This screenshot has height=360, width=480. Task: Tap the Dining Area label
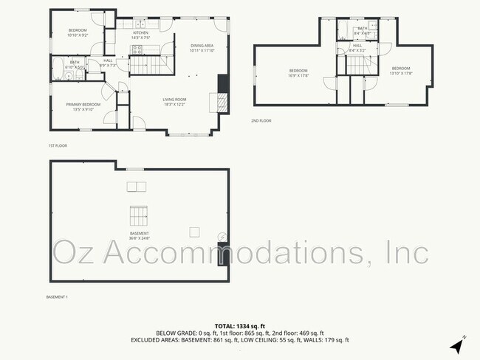coord(201,48)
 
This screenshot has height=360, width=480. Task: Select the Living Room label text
coord(174,101)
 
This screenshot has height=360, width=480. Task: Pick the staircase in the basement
coord(138,216)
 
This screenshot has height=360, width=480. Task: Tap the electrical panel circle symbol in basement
coord(222,237)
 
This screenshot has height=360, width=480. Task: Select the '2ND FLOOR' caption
coord(261,120)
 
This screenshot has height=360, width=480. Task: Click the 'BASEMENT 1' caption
coord(57,297)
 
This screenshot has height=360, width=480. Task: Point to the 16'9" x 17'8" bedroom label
coord(298,72)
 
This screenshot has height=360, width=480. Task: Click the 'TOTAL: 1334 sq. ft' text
coord(239,325)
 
